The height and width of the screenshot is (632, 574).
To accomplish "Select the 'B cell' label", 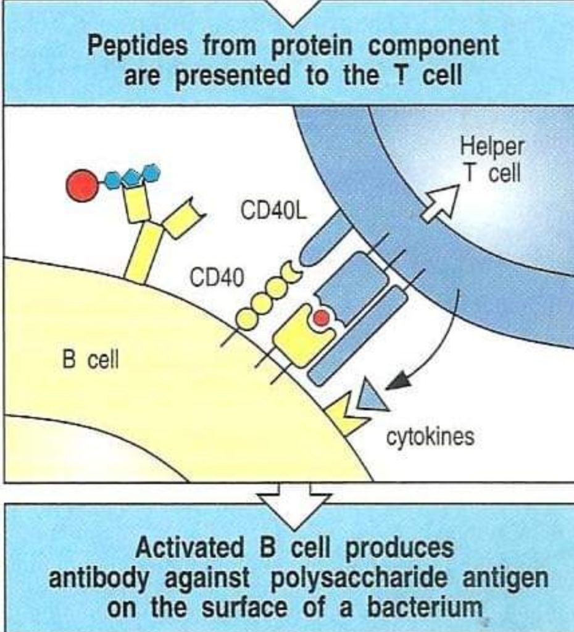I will tap(91, 360).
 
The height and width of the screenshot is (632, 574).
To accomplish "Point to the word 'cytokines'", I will tap(430, 437).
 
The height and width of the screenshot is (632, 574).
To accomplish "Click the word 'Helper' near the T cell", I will tap(492, 147).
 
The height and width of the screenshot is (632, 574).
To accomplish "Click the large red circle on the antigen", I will tap(82, 185).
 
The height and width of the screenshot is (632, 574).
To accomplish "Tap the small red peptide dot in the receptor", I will tap(321, 318).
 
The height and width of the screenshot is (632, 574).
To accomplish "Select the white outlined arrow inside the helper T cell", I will tap(443, 202).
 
